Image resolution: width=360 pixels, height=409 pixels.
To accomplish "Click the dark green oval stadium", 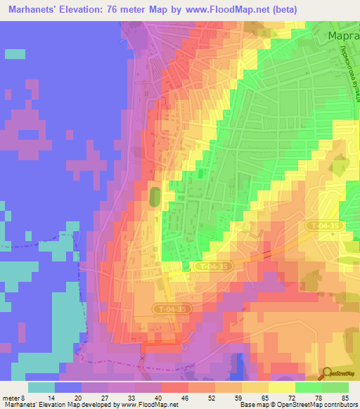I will click(155, 196).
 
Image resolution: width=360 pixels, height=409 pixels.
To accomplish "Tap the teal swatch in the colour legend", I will click(41, 387).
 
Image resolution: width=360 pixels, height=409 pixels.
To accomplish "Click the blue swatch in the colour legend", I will click(68, 387).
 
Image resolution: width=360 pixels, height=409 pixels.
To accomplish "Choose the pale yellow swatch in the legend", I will click(282, 387).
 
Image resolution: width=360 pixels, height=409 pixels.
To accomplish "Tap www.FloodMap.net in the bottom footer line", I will click(148, 404).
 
